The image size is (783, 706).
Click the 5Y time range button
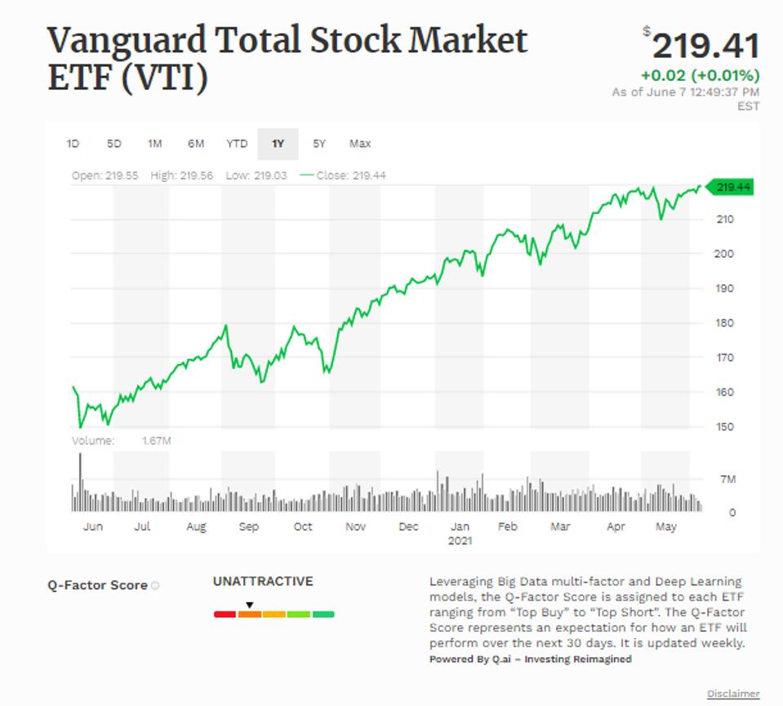point(318,144)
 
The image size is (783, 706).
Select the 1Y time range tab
point(278,144)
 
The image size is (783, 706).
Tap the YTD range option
point(237,144)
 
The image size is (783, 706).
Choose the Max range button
point(360,144)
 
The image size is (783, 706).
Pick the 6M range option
point(196,144)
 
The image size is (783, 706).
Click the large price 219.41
point(705,46)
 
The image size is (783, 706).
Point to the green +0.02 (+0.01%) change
point(700,76)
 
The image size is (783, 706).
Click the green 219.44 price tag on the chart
point(732,188)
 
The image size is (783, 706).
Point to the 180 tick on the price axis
point(726,322)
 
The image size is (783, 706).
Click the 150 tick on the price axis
point(726,427)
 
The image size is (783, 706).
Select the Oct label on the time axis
point(303,527)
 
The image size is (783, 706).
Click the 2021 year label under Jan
point(460,540)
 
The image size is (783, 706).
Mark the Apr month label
point(616,527)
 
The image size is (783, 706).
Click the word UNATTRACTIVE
point(263,582)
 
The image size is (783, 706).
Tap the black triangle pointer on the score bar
point(250,605)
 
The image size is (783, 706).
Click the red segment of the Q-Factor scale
point(225,614)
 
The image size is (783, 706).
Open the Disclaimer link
point(733,694)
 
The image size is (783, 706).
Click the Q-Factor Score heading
point(98,585)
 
